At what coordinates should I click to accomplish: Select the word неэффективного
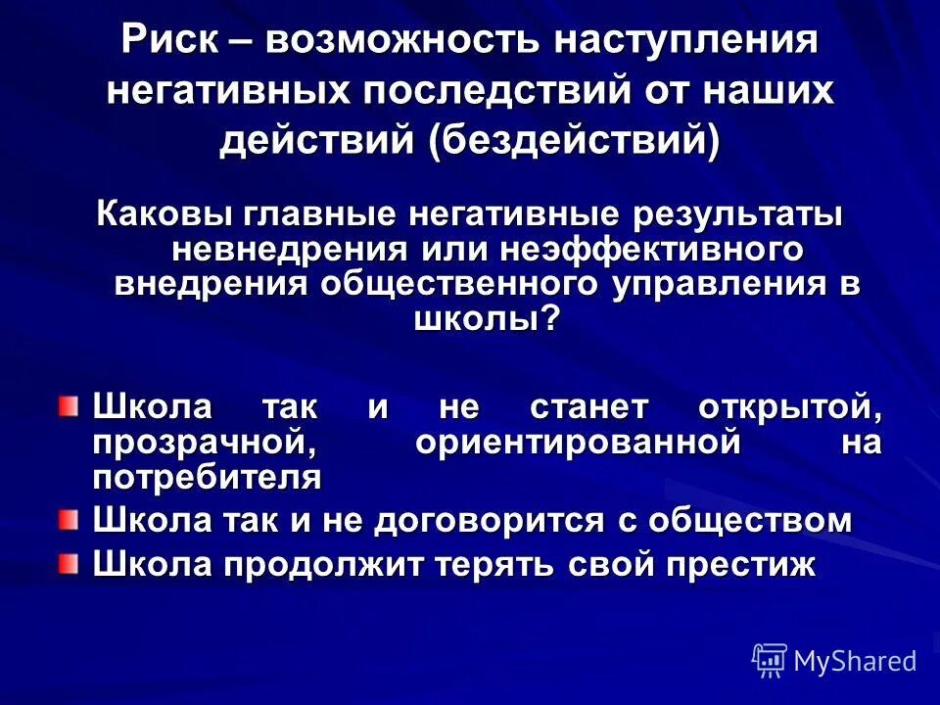(x=653, y=249)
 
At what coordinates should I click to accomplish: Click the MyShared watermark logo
(x=834, y=660)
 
